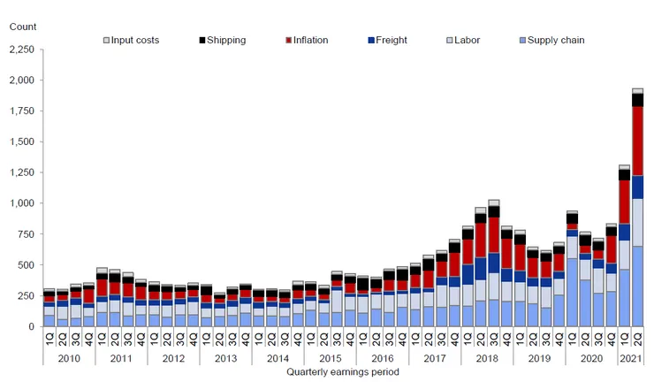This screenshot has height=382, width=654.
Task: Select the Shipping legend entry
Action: (x=222, y=40)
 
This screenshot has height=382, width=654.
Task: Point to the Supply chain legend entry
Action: (x=551, y=40)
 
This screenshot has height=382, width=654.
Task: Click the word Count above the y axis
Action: (x=22, y=26)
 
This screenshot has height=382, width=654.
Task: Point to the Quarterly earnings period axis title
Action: (x=342, y=372)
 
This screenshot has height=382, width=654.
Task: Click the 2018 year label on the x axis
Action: (x=486, y=359)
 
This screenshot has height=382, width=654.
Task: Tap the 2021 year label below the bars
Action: (x=630, y=359)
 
